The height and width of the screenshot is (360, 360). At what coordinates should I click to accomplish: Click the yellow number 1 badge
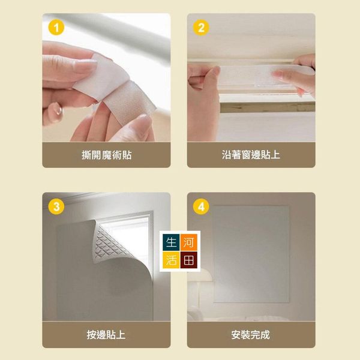click(56, 28)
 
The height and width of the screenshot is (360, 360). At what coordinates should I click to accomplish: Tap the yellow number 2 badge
click(201, 28)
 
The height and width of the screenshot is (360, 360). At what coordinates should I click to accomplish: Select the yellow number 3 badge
click(56, 206)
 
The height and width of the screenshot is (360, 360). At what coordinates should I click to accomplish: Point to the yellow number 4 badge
click(201, 206)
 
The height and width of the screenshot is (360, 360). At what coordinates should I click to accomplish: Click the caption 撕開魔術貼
click(107, 155)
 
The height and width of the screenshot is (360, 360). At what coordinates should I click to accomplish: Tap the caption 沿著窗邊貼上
click(251, 155)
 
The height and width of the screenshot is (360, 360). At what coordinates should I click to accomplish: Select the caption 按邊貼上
click(106, 335)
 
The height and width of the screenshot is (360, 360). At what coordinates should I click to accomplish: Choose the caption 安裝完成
click(250, 335)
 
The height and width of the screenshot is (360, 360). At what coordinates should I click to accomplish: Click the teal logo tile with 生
click(171, 242)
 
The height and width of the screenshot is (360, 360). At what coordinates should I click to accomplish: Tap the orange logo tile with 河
click(189, 242)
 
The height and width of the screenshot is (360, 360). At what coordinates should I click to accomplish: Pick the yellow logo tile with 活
click(171, 260)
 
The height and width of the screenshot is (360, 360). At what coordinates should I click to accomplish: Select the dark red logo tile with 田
click(189, 260)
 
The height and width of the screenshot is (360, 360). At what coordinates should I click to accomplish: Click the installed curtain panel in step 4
click(251, 254)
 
